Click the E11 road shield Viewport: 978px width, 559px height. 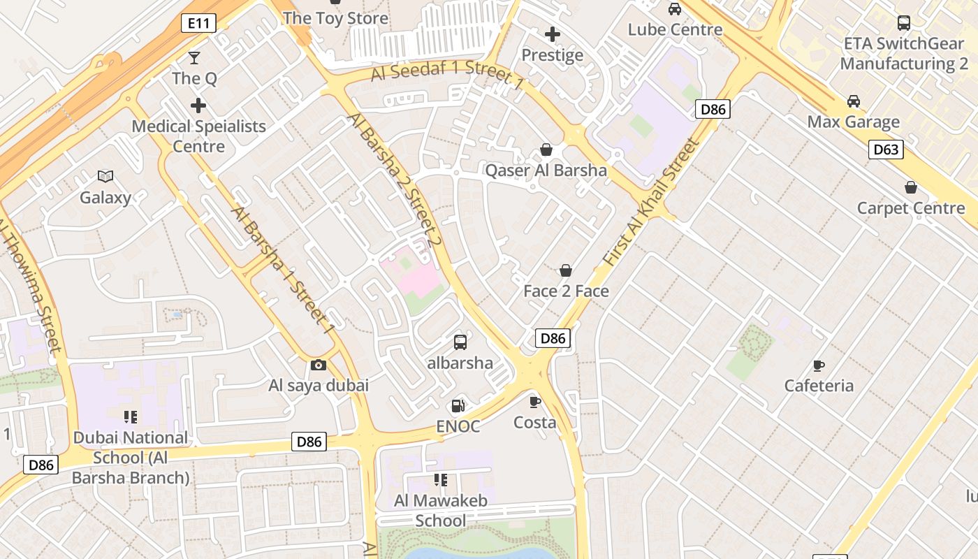pos(198,23)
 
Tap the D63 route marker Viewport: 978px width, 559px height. pos(886,149)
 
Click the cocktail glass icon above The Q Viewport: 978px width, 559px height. pos(194,57)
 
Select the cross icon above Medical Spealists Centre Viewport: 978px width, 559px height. pos(198,106)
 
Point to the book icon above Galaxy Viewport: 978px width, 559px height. pos(105,176)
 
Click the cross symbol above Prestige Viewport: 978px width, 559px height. pos(553,34)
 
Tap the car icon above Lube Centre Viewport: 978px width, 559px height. pos(675,9)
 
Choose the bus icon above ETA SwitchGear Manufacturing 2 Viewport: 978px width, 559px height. pos(904,22)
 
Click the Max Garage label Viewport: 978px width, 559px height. pos(854,122)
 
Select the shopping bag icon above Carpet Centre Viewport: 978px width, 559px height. pos(911,187)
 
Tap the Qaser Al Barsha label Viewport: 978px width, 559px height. pos(546,170)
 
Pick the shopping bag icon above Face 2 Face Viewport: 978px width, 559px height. pos(566,270)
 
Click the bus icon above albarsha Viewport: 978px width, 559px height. pos(460,342)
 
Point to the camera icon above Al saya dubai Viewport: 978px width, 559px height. pos(318,365)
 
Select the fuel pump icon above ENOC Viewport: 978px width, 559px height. pos(458,405)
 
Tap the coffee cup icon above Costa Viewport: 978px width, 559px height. pos(535,401)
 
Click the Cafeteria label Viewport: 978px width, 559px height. pos(819,386)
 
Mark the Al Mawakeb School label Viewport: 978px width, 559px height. pos(440,510)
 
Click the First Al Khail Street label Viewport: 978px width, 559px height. pos(651,203)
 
